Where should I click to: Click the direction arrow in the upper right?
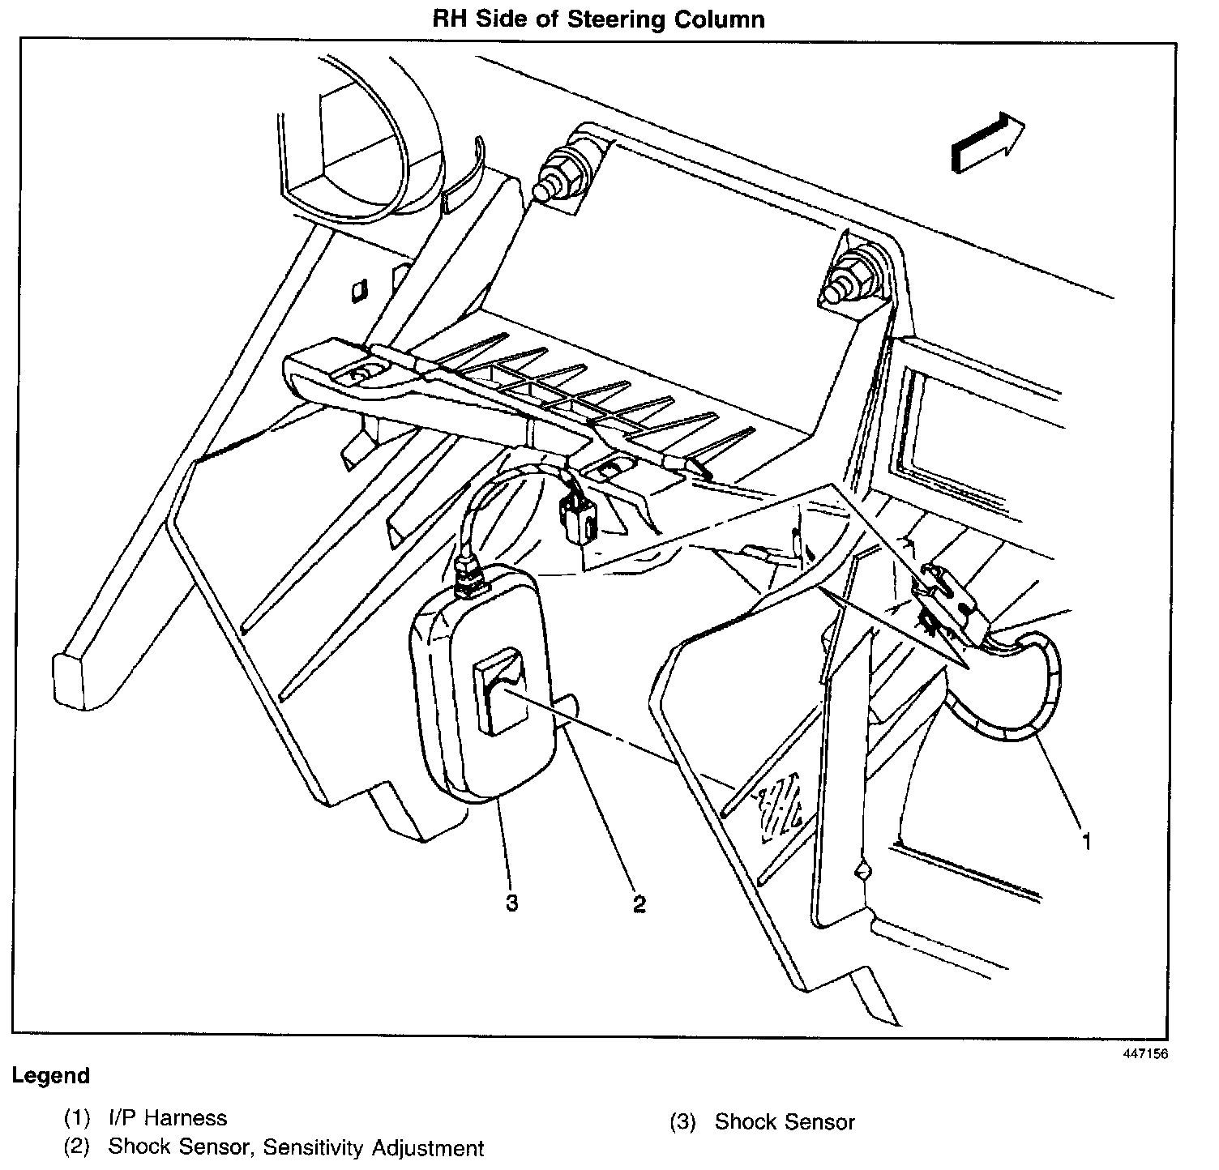pos(987,143)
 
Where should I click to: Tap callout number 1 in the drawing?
pos(1086,842)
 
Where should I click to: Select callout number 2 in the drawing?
pos(639,903)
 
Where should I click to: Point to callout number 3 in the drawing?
pos(511,903)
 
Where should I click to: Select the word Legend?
pos(50,1076)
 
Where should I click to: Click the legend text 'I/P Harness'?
pos(168,1118)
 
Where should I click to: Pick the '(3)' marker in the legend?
pos(683,1122)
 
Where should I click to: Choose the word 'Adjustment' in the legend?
pos(429,1148)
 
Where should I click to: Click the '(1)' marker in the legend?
pos(78,1118)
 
